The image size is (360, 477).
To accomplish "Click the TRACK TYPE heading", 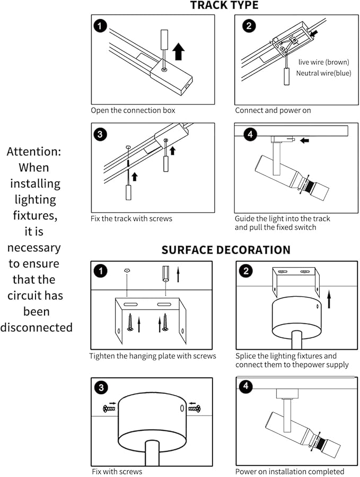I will [224, 6].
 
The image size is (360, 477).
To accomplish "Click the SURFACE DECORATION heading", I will [226, 250].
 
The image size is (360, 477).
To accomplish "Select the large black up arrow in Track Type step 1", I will [179, 51].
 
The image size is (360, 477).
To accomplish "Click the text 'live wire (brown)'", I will [324, 62].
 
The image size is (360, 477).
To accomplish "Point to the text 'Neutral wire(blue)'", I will [323, 73].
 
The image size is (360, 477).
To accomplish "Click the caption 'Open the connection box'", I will [133, 111].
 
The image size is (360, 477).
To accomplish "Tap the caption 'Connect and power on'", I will [273, 111].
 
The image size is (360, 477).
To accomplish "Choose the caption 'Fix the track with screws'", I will [131, 218].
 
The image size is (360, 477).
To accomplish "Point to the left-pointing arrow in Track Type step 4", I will [304, 140].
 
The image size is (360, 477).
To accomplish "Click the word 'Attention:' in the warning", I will [34, 152].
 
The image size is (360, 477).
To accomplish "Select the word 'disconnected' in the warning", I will [36, 328].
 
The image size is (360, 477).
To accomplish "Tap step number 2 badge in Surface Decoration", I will [245, 271].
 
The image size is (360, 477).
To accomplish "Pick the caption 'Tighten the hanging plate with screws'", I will [153, 356].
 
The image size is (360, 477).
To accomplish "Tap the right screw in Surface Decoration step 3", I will [194, 409].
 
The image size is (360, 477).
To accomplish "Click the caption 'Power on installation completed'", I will [290, 471].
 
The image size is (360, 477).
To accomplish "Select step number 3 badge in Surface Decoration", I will [100, 387].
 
